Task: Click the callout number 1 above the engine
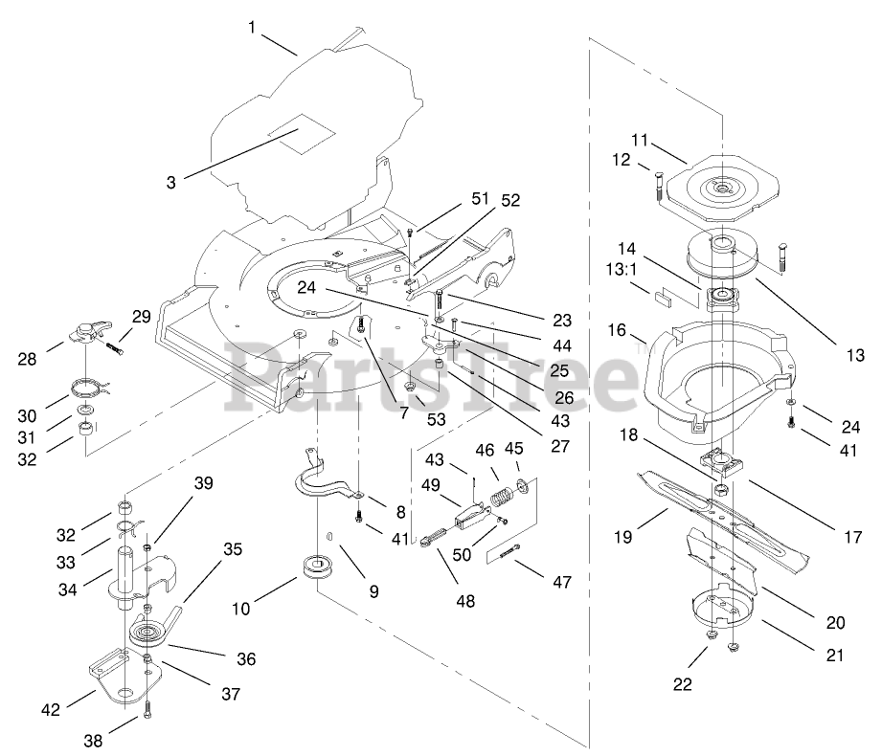click(252, 28)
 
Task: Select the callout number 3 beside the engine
click(171, 180)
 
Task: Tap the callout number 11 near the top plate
click(640, 140)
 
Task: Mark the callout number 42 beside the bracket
click(51, 709)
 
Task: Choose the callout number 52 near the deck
click(509, 200)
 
